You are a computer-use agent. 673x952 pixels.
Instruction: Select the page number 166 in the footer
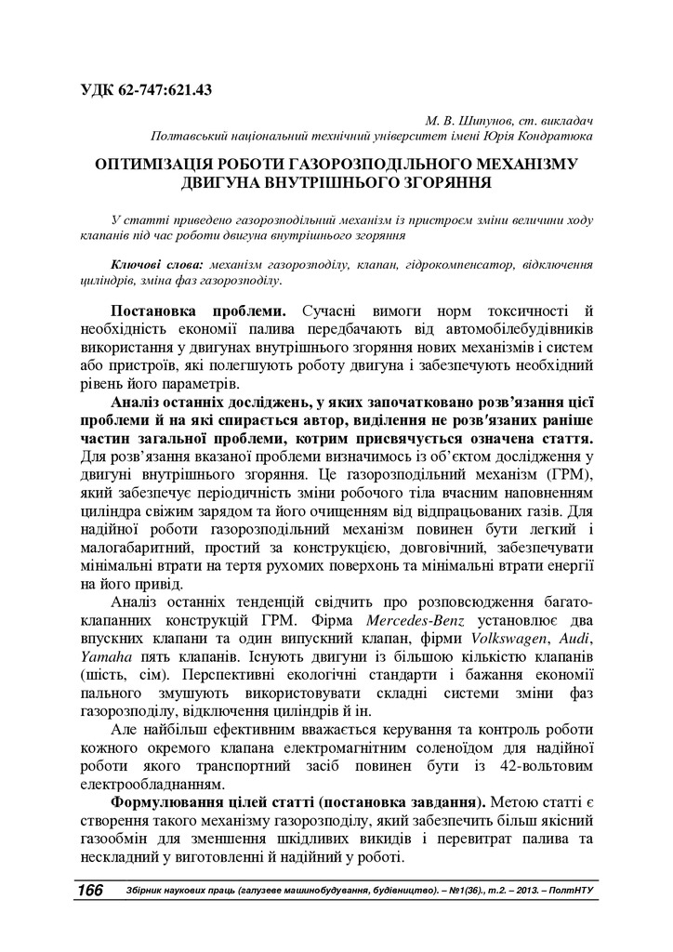coord(90,890)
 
